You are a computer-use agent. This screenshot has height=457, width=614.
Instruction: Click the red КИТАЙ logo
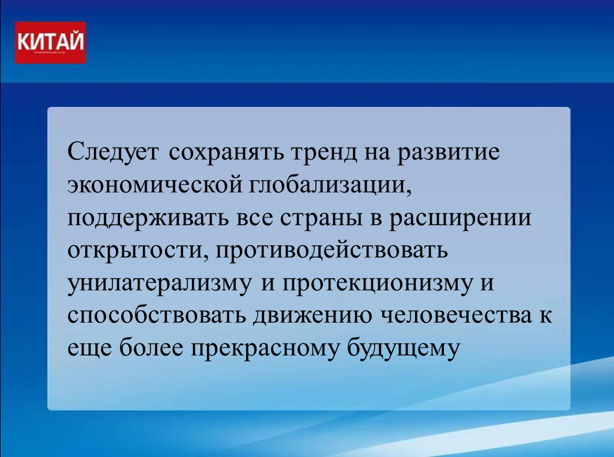[51, 43]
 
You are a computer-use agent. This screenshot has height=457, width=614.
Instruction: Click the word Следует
[113, 152]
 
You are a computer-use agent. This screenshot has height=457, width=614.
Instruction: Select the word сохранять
[227, 152]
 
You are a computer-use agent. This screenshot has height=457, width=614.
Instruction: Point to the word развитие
[449, 153]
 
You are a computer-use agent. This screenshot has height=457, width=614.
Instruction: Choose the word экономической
[155, 184]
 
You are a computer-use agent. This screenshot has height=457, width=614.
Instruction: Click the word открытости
[138, 251]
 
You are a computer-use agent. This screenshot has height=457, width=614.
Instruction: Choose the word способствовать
[157, 316]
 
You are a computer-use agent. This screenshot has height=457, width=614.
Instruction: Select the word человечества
[457, 316]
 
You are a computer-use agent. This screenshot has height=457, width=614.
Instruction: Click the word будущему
[403, 347]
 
